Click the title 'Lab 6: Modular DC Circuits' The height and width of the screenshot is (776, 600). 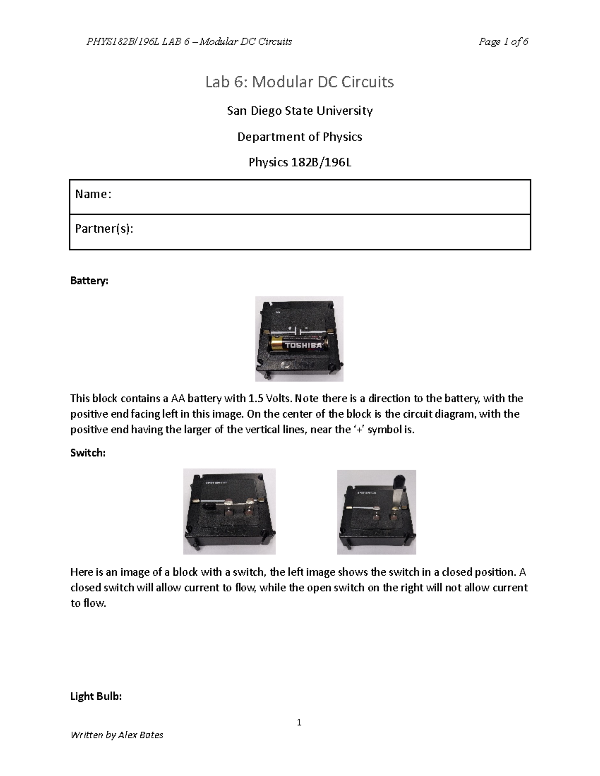tap(299, 82)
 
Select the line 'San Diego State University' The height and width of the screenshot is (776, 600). tap(299, 111)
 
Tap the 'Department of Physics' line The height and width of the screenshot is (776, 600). tap(299, 137)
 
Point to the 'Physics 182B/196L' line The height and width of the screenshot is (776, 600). tap(299, 162)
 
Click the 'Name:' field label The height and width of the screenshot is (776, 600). tap(93, 194)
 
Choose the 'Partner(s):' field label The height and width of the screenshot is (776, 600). tap(104, 229)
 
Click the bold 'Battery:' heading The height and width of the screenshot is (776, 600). tap(89, 281)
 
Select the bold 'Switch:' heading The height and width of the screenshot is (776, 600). tap(88, 453)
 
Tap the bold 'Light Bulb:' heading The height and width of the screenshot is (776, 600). tap(96, 696)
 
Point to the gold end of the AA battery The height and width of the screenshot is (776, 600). tap(276, 344)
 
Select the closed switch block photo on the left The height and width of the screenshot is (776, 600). tap(229, 511)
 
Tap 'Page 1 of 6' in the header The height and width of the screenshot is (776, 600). tap(503, 42)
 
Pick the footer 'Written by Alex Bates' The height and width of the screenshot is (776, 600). tap(117, 735)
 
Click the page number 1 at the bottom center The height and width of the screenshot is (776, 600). tap(299, 722)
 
